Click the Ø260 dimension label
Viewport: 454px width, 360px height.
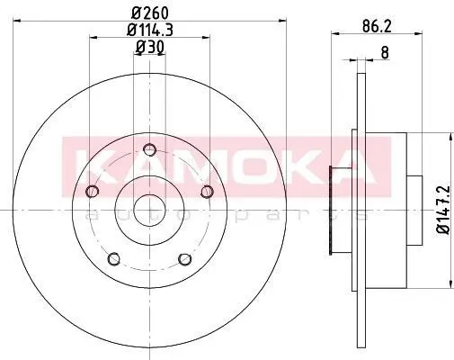[150, 13]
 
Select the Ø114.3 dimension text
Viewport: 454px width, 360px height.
[150, 30]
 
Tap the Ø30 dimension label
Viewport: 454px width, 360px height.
[150, 48]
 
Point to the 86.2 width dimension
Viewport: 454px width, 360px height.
[377, 26]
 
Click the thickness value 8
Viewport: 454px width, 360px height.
[385, 53]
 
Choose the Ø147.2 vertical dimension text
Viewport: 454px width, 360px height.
[443, 210]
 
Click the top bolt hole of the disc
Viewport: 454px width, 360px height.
[149, 149]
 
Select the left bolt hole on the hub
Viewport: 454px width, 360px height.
[93, 191]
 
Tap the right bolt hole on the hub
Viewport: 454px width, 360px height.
[207, 191]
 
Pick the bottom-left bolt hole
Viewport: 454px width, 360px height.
[114, 258]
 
